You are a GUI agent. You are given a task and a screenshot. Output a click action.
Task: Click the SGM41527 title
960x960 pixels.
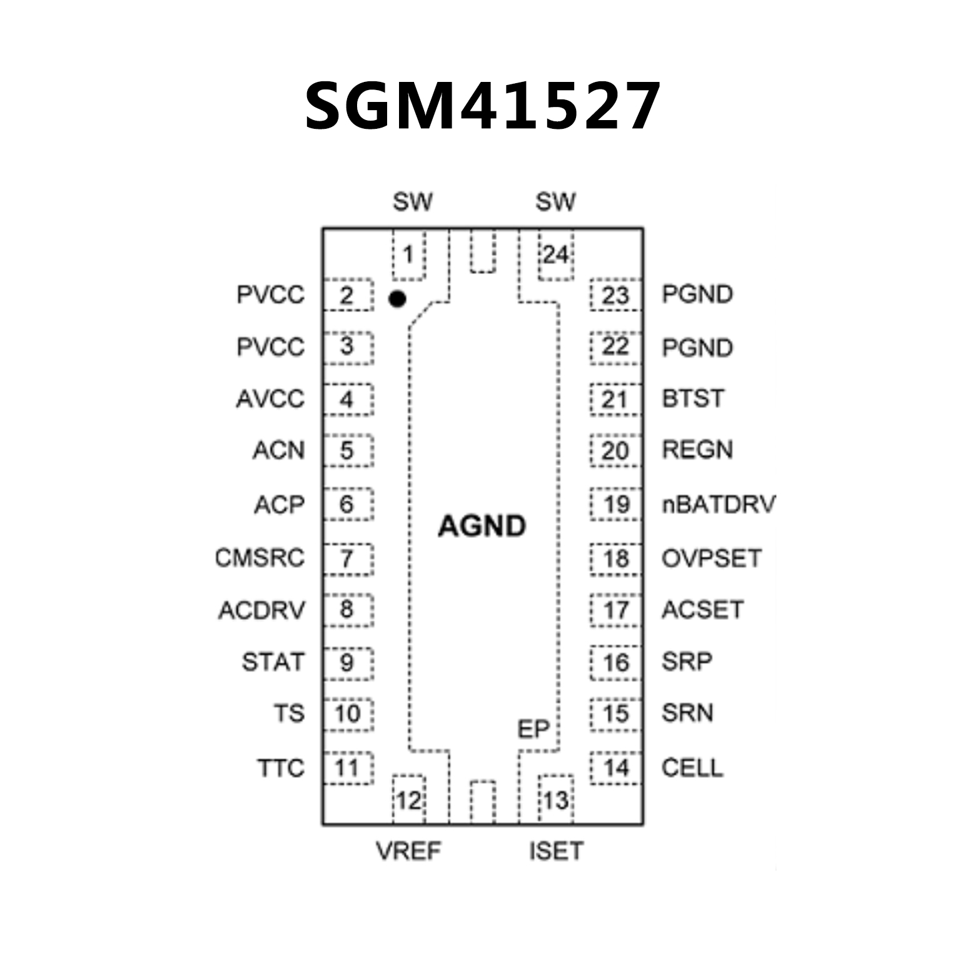pyautogui.click(x=482, y=106)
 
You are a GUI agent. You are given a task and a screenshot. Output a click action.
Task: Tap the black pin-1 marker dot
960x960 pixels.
pyautogui.click(x=397, y=299)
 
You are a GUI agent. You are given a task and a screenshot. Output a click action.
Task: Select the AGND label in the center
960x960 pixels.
pyautogui.click(x=482, y=526)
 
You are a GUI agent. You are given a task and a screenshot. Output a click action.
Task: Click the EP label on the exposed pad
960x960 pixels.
pyautogui.click(x=533, y=729)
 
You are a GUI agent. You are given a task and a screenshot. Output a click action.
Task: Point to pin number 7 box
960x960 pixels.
pyautogui.click(x=348, y=558)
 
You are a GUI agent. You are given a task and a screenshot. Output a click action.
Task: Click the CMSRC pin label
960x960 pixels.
pyautogui.click(x=260, y=558)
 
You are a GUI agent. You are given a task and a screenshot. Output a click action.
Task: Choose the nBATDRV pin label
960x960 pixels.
pyautogui.click(x=718, y=504)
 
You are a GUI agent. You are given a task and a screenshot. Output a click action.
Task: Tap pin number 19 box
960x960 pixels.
pyautogui.click(x=616, y=505)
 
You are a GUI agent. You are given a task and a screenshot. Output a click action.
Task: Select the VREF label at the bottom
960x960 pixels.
pyautogui.click(x=408, y=851)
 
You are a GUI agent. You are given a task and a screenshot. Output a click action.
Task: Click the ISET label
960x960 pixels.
pyautogui.click(x=556, y=851)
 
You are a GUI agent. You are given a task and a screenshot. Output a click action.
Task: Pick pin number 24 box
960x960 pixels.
pyautogui.click(x=555, y=255)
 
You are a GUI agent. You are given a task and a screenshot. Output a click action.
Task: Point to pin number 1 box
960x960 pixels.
pyautogui.click(x=408, y=255)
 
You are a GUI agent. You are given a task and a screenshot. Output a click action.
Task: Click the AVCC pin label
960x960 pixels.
pyautogui.click(x=270, y=399)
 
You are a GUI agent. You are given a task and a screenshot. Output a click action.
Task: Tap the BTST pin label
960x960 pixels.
pyautogui.click(x=693, y=398)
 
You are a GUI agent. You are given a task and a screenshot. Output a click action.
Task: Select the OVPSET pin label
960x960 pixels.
pyautogui.click(x=712, y=558)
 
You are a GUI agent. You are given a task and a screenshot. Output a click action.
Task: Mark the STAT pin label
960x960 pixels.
pyautogui.click(x=273, y=662)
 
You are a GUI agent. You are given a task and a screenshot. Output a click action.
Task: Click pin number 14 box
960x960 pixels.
pyautogui.click(x=616, y=767)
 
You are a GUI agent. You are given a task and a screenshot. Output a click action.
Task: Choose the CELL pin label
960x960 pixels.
pyautogui.click(x=692, y=767)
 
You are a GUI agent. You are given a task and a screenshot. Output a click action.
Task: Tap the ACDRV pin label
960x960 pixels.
pyautogui.click(x=261, y=610)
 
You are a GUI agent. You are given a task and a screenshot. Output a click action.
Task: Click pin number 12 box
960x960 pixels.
pyautogui.click(x=408, y=800)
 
